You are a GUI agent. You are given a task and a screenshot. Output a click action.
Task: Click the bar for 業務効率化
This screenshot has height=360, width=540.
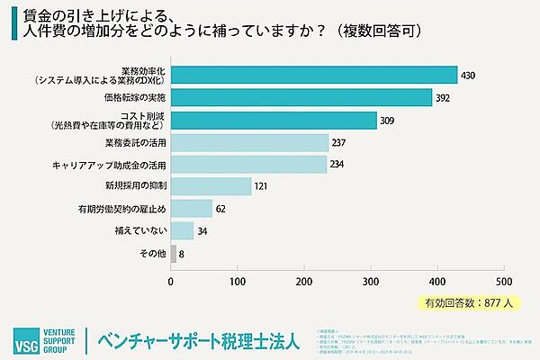[313, 75]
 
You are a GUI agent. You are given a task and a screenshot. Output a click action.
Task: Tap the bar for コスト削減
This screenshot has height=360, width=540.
[274, 120]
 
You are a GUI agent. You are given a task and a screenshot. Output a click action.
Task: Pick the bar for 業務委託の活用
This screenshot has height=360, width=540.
[249, 142]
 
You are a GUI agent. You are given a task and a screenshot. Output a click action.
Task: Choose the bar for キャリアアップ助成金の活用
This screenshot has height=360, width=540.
[248, 165]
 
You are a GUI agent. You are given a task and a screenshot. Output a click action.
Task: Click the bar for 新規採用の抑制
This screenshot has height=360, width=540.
[211, 186]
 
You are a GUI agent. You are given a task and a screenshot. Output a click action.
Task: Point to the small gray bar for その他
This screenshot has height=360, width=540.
[174, 254]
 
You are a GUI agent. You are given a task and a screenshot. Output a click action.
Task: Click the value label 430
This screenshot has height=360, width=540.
[468, 76]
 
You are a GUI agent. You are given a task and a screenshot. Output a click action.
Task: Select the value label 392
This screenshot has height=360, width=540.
[443, 98]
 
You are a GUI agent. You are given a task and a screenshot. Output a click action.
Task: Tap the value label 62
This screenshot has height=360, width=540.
[221, 210]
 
